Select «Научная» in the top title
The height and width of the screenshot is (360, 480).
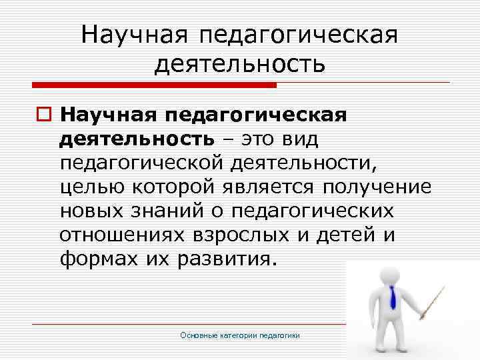tap(137, 33)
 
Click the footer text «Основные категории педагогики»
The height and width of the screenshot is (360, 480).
tap(249, 335)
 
